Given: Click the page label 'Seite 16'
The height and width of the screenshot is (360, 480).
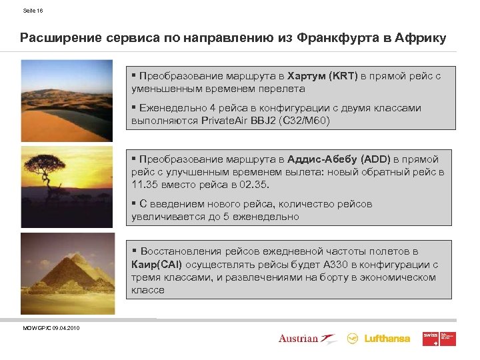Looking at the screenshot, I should pos(33,11).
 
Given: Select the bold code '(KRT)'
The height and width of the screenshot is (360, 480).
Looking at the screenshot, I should pos(342,76).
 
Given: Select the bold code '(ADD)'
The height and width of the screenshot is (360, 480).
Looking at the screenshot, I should pos(375,159).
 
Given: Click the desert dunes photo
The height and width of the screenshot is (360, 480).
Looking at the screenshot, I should pos(67,100).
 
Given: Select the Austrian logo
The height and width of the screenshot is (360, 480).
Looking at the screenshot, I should pos(306,339).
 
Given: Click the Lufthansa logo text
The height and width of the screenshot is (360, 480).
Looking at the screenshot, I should pos(387,339).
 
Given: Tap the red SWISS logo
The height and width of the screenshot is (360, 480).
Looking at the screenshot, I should pos(439,338).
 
